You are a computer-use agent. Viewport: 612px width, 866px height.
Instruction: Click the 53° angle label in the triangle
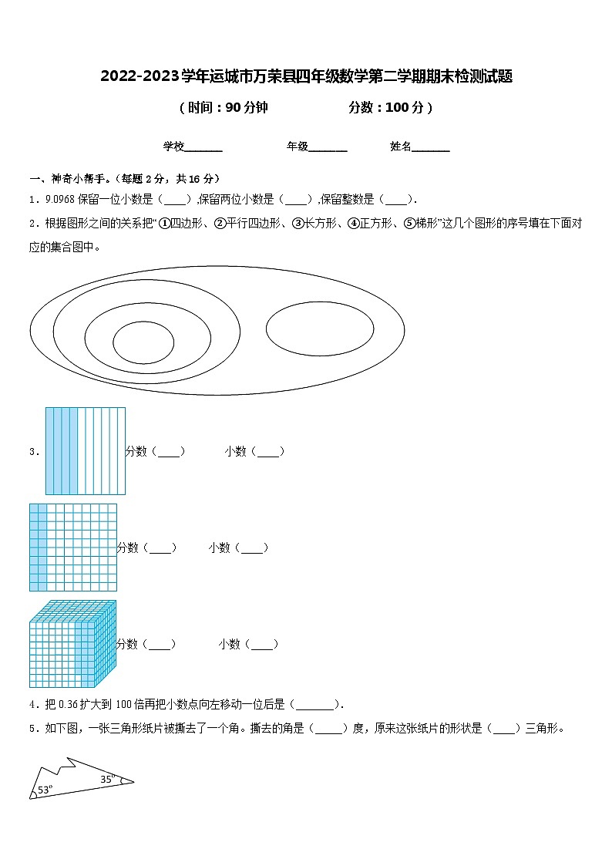tap(45, 790)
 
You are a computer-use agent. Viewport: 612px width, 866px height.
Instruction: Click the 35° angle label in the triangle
tap(108, 779)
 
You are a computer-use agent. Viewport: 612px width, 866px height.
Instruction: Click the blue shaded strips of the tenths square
tap(62, 451)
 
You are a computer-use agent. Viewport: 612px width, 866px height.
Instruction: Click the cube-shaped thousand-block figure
tap(72, 644)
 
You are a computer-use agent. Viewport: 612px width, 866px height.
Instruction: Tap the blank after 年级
tap(328, 147)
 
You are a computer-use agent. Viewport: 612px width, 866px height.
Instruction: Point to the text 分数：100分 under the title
tap(390, 108)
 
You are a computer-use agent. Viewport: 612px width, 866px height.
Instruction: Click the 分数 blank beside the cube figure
tap(160, 645)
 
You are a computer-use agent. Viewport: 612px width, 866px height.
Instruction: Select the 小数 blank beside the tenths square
tap(268, 452)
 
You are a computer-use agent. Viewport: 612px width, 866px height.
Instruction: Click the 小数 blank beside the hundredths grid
tap(251, 548)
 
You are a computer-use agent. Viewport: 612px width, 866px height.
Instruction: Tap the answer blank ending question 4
tap(316, 704)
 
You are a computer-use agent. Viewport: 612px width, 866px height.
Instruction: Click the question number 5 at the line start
tap(32, 728)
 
